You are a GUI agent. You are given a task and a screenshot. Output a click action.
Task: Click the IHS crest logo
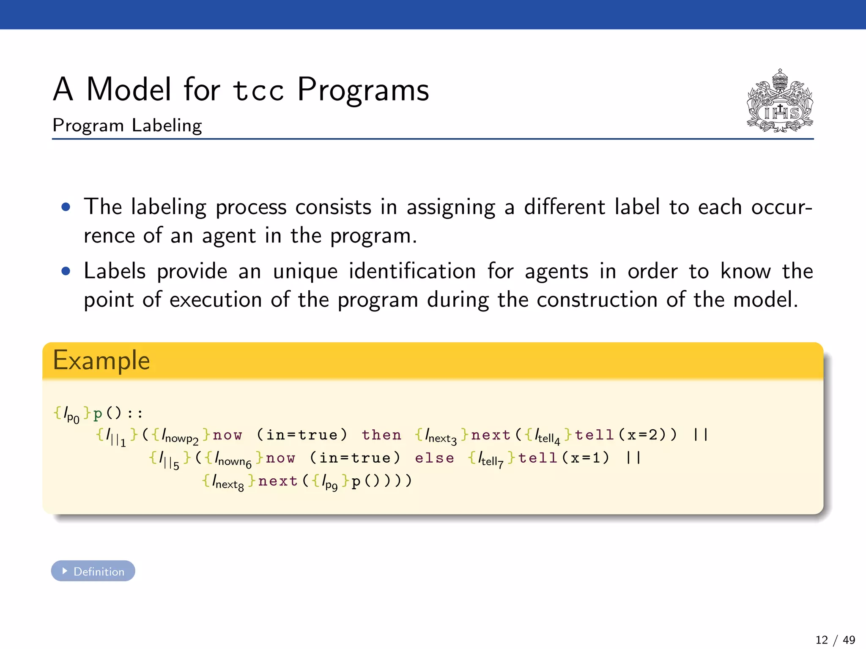(x=780, y=101)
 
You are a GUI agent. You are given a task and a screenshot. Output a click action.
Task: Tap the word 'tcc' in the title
(x=258, y=90)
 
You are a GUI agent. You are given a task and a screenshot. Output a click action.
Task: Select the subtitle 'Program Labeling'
(x=127, y=125)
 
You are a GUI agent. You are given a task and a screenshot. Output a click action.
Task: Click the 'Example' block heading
(x=101, y=360)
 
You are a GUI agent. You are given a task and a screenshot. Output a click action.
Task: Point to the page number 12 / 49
(x=835, y=640)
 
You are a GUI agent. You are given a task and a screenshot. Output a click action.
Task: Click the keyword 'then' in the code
(x=381, y=435)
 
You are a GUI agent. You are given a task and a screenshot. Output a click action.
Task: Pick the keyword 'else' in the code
(x=434, y=458)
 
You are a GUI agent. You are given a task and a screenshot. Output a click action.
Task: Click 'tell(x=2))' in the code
(x=626, y=435)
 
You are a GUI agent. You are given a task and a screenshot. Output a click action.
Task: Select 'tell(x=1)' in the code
(x=564, y=458)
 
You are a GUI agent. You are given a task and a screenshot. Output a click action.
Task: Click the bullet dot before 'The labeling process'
(x=66, y=207)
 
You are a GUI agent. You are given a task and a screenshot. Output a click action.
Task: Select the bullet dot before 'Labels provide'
(x=66, y=271)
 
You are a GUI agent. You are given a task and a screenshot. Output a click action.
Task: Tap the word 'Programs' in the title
(x=363, y=90)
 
